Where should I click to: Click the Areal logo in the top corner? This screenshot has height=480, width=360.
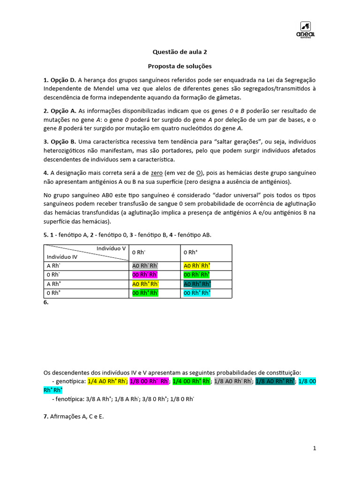click(x=307, y=30)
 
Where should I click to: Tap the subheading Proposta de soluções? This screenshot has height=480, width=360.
click(x=180, y=66)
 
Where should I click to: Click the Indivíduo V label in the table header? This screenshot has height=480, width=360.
click(x=111, y=248)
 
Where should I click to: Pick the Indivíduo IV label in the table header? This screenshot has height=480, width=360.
click(x=62, y=257)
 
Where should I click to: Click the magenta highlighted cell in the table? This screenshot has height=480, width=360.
click(x=145, y=275)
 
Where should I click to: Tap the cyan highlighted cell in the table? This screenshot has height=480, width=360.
click(x=197, y=293)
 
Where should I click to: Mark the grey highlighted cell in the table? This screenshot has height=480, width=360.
click(x=145, y=266)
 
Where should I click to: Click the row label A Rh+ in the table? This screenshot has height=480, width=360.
click(x=54, y=284)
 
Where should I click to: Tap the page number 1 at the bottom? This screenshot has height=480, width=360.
click(x=315, y=449)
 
